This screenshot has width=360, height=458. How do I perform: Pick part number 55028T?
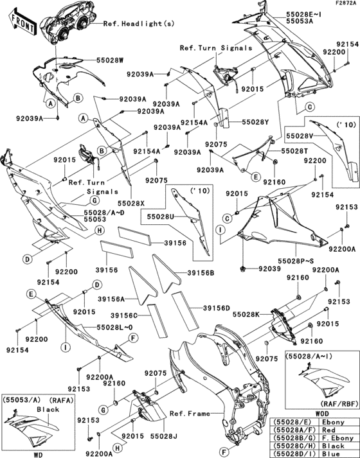pos(294,151)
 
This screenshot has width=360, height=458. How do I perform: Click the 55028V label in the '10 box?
pos(300,137)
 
